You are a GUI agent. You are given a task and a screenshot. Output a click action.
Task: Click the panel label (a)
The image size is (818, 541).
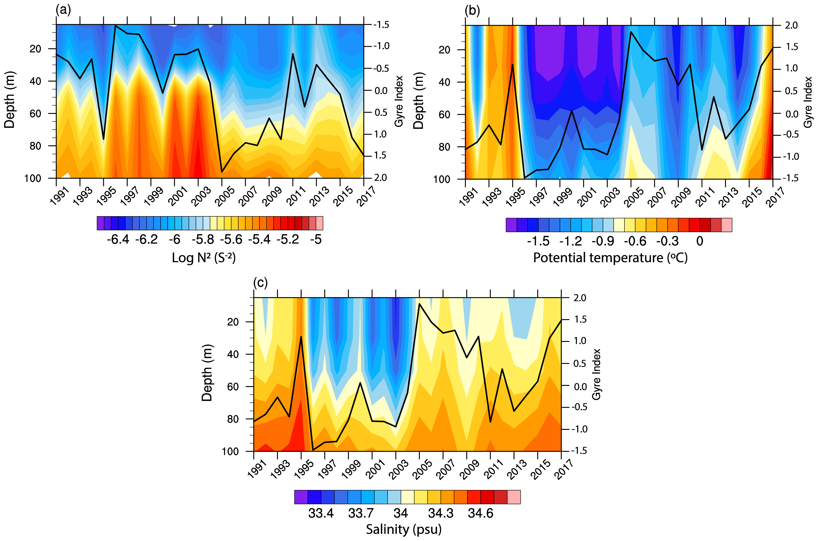(x=63, y=10)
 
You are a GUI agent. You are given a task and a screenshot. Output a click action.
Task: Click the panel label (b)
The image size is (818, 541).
(x=472, y=11)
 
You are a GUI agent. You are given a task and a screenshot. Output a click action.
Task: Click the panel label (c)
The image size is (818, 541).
(x=260, y=283)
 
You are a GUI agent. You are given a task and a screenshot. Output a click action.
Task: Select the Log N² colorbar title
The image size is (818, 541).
(x=204, y=258)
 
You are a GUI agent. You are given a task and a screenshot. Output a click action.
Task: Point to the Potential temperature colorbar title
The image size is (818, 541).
(x=610, y=258)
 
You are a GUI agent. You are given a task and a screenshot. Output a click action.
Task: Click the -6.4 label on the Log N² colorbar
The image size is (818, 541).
(x=118, y=239)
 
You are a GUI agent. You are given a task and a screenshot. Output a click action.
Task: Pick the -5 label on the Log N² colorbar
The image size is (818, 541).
(x=316, y=239)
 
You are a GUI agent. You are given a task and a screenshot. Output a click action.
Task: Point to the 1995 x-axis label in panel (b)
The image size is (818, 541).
(x=515, y=197)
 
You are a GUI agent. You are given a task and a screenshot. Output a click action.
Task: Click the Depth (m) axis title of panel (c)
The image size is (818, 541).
(x=207, y=373)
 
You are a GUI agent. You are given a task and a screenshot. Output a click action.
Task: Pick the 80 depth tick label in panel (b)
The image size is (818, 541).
(x=444, y=147)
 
